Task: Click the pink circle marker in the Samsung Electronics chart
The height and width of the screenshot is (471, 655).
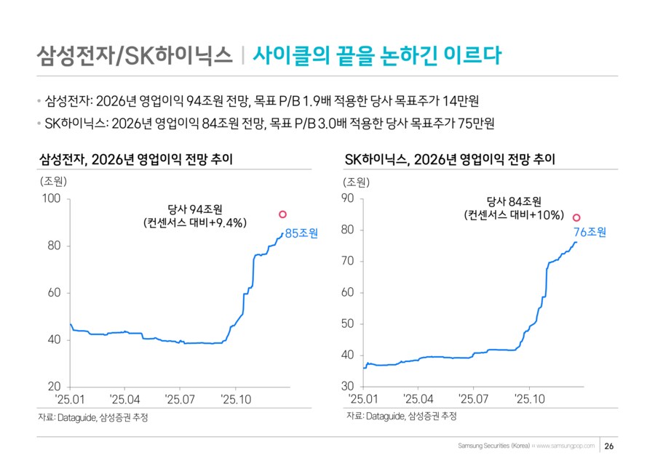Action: (283, 214)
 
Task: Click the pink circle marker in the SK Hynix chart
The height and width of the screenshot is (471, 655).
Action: (576, 217)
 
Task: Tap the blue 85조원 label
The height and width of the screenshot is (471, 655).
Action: (301, 233)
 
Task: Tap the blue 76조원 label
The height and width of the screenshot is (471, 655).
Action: (589, 233)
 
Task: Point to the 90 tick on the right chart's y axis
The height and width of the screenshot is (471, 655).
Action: (347, 199)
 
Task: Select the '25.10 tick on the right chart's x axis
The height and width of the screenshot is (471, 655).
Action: (529, 398)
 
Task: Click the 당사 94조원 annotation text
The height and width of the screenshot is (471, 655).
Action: (196, 210)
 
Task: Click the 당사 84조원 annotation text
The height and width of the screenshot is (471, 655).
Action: (514, 201)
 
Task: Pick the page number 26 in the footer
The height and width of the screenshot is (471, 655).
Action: (610, 446)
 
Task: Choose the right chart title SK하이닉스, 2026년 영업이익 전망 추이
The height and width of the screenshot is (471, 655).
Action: (450, 160)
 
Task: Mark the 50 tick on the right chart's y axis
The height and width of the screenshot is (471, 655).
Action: (347, 324)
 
